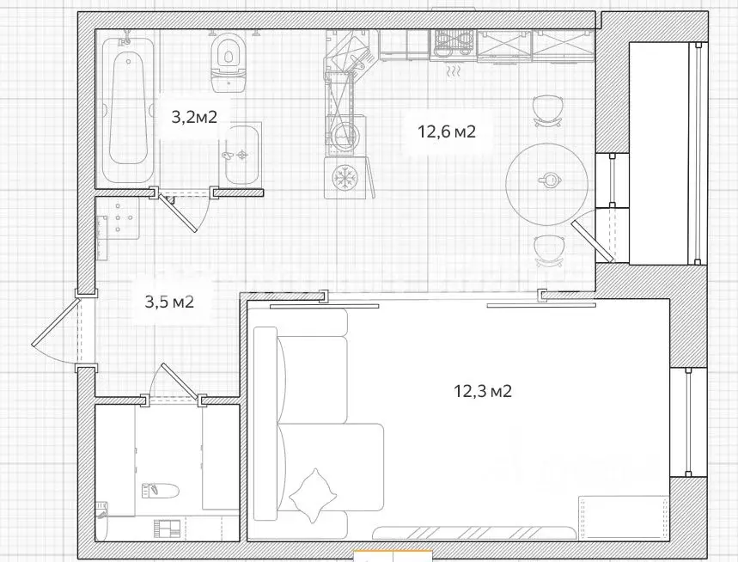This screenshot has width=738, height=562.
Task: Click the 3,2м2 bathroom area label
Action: (194, 116)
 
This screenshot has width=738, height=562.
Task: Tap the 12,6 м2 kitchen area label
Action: (447, 131)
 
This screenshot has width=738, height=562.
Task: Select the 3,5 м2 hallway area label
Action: (169, 302)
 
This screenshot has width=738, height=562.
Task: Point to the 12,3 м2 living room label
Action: (483, 391)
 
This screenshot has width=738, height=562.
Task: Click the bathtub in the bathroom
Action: (127, 111)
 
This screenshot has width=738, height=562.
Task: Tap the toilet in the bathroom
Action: (229, 62)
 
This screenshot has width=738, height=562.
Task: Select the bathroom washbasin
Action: (242, 155)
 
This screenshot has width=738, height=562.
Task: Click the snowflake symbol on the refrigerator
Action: (345, 178)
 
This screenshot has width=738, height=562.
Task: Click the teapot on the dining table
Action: (548, 179)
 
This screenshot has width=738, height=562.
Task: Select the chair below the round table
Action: (548, 251)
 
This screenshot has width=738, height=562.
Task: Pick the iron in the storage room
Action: (160, 491)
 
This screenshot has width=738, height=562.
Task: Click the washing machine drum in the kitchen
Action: (342, 135)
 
